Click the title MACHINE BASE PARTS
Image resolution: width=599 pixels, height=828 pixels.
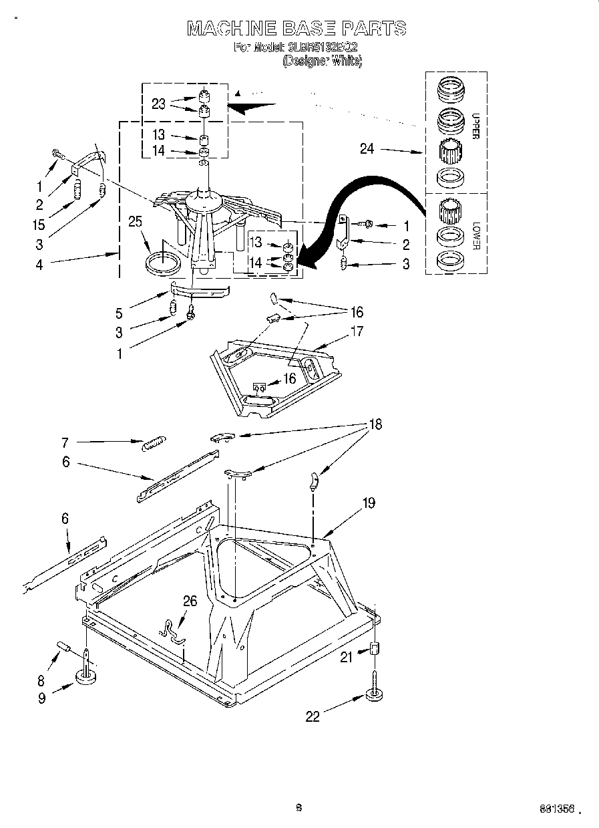[x=296, y=28]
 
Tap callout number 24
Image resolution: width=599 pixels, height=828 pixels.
[x=367, y=149]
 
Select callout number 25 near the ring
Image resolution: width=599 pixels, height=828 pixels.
[x=136, y=221]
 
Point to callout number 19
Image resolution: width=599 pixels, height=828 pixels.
[x=369, y=503]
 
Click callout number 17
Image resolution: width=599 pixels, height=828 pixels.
[x=357, y=331]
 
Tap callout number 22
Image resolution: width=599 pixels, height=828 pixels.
[x=313, y=716]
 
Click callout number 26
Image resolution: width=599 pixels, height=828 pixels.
[x=190, y=601]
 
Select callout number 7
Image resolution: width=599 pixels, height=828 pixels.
[x=65, y=442]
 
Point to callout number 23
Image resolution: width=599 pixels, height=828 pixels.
[x=158, y=104]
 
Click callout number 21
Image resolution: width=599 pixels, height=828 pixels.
[x=346, y=658]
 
